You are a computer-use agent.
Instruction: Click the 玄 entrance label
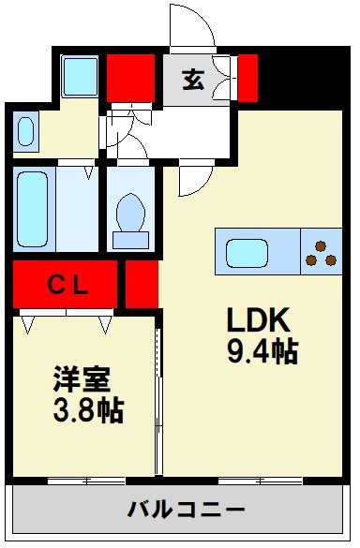point(193,80)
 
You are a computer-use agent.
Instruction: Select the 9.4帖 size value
point(262,352)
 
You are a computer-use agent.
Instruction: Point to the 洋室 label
point(82,380)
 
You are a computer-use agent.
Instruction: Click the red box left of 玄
point(130,78)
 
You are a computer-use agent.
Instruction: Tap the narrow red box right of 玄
point(247,78)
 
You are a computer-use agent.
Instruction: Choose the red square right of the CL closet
point(141,284)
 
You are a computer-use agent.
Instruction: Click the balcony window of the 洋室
point(85,481)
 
